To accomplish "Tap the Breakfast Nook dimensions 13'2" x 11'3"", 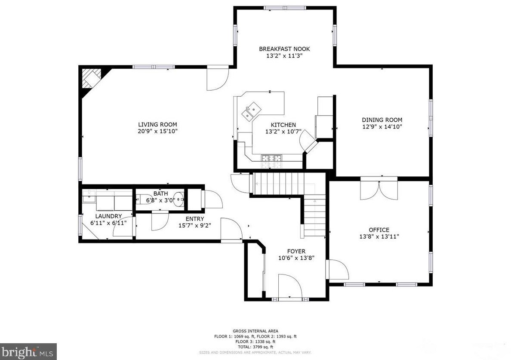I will click(x=284, y=56).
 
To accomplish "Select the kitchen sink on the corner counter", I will click(x=251, y=111).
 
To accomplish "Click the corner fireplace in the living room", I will click(x=91, y=79).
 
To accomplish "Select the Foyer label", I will click(x=296, y=251).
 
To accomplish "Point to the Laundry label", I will click(x=108, y=216).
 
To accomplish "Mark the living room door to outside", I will click(x=217, y=77).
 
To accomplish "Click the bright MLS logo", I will click(x=28, y=351).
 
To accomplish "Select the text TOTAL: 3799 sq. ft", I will click(x=255, y=347).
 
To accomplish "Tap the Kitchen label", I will click(x=283, y=125).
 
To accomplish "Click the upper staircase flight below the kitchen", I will click(x=277, y=183).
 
